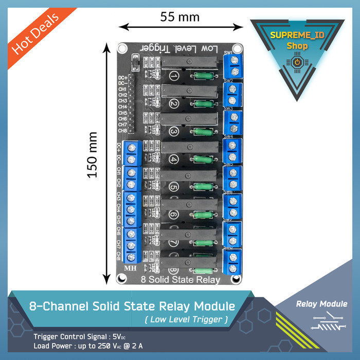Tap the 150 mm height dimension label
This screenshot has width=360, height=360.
tap(92, 155)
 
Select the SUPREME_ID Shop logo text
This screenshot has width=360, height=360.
tap(297, 41)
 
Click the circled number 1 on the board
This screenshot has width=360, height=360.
tap(174, 77)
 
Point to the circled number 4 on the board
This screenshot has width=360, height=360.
tap(174, 159)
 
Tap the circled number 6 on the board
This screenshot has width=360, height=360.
tap(174, 214)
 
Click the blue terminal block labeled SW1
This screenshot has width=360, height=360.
tap(232, 65)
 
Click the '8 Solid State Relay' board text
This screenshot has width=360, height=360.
tap(180, 280)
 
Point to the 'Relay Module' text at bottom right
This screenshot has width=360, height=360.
tap(322, 304)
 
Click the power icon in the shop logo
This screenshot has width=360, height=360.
tap(297, 62)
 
